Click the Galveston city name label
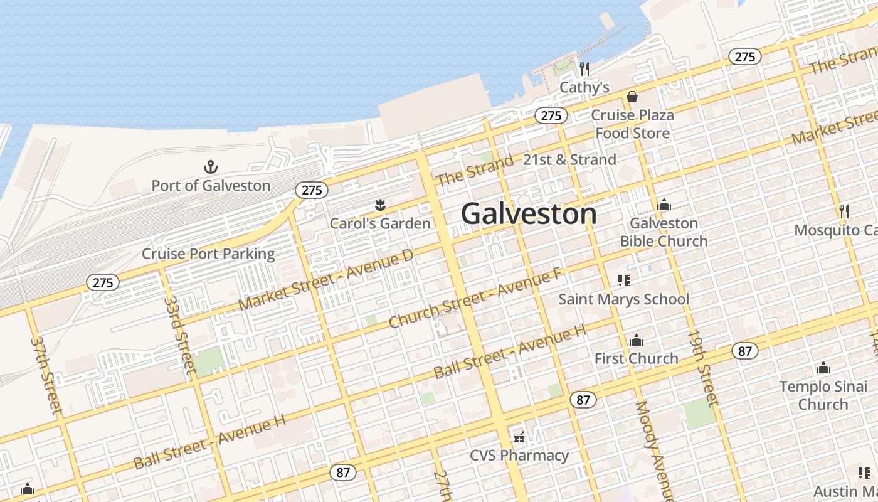(529, 214)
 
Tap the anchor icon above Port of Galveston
(211, 167)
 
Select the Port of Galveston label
(211, 186)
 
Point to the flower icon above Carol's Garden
(379, 205)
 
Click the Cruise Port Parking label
(208, 254)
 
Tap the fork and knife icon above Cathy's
(584, 68)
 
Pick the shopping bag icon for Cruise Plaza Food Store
(632, 97)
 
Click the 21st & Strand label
(569, 160)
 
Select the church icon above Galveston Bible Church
(664, 205)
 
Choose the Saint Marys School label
(623, 299)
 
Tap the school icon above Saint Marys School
(623, 280)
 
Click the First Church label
(636, 358)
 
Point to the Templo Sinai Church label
(823, 395)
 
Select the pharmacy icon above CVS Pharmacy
(519, 437)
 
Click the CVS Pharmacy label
(519, 456)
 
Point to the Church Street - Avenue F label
(476, 297)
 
